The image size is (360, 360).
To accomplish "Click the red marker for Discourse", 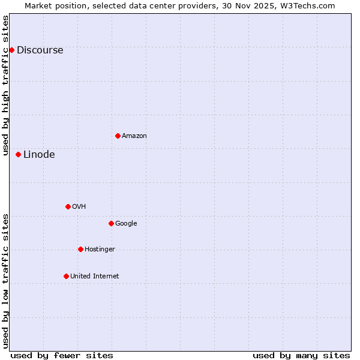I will coord(11,50).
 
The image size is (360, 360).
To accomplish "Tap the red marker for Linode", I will coord(18,154).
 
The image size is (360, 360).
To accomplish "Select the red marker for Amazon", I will coord(118,136).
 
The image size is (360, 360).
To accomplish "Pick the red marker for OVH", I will coord(68,206).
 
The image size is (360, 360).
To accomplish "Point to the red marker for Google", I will coord(111,223).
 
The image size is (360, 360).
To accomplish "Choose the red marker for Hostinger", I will coord(80,249).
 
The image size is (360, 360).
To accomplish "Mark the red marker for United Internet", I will coord(66,276).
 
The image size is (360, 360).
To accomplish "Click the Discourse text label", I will coord(40,50).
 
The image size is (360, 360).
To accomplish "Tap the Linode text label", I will coord(39,154).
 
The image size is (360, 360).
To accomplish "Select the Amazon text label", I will coord(134,136).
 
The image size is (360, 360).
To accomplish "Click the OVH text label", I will coord(79,206).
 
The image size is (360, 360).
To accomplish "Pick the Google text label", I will coord(126,223).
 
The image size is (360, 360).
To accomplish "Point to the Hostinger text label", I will coord(100,249).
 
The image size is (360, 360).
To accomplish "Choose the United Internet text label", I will coord(94,276).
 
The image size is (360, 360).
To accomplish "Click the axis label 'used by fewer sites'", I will coord(62,355).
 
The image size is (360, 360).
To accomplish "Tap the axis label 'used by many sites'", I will coord(301,355).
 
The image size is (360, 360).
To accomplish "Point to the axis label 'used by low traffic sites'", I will coord(5,281).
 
